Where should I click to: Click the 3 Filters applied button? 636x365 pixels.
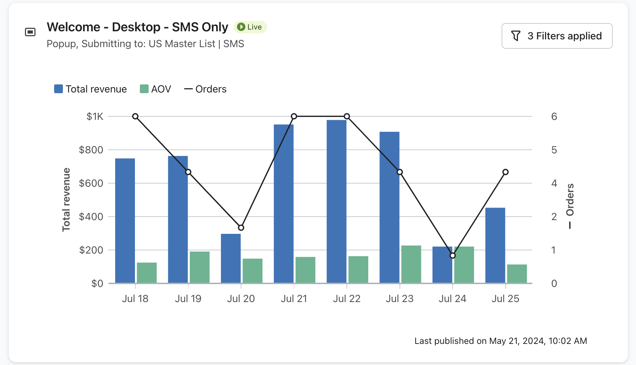click(x=557, y=36)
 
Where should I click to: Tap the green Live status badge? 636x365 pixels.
click(x=250, y=27)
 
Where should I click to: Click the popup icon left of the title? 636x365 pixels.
click(x=30, y=32)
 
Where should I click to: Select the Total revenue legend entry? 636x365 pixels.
click(x=90, y=89)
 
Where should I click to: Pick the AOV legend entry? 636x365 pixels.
click(x=155, y=89)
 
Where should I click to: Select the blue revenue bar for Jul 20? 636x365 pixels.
click(x=231, y=258)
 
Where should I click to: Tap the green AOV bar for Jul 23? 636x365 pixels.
click(x=411, y=264)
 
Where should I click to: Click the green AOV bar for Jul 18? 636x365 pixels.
click(x=147, y=273)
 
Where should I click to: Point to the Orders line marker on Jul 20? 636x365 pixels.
click(x=241, y=228)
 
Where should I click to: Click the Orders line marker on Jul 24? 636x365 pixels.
click(x=453, y=256)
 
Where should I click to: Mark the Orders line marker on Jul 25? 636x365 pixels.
click(x=505, y=172)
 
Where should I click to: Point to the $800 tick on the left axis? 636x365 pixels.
click(x=91, y=150)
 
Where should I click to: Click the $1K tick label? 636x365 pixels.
click(x=95, y=116)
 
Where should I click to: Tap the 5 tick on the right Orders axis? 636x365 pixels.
click(x=554, y=150)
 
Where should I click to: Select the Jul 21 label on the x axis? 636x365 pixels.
click(x=294, y=299)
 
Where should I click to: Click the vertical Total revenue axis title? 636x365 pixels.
click(x=66, y=199)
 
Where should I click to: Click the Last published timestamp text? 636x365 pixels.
click(x=500, y=341)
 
